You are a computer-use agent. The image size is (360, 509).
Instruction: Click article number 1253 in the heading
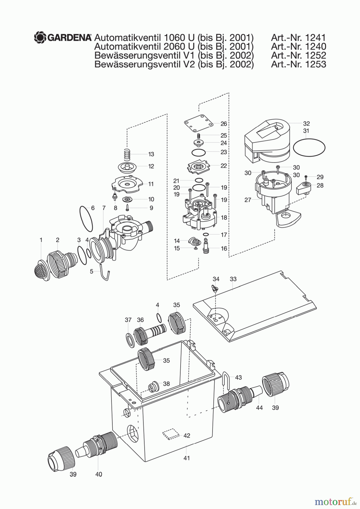coord(316,64)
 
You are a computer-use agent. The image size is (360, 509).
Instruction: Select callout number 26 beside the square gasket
coord(224,124)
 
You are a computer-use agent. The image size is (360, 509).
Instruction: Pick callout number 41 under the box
coord(186,458)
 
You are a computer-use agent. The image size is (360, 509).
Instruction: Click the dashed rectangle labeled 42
coord(172,434)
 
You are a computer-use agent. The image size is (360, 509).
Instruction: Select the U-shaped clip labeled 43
coord(226,378)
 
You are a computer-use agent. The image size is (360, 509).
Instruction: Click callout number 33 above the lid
coord(233,279)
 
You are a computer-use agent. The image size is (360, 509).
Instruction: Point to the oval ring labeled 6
coord(86,219)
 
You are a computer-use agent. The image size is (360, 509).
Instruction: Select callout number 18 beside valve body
coord(224,217)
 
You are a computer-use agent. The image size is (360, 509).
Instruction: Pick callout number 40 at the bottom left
coord(98,474)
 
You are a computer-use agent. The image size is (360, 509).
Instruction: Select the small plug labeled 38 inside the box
coord(153,387)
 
